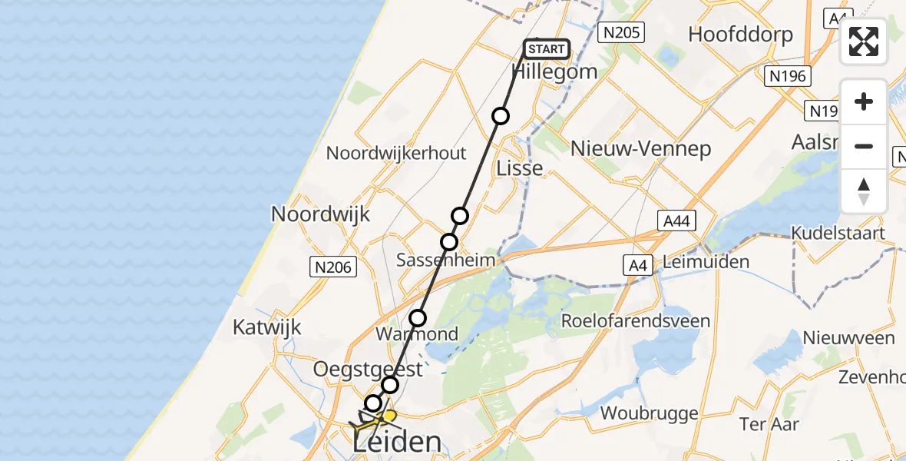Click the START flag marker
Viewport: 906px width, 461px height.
click(546, 50)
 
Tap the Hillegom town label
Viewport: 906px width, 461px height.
click(554, 72)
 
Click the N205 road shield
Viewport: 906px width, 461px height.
click(622, 32)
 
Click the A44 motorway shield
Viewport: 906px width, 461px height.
click(677, 221)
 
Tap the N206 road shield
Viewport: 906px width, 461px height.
click(333, 267)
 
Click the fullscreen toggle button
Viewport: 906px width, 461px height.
click(864, 41)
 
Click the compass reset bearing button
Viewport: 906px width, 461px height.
click(864, 191)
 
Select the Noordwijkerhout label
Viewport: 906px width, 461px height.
click(396, 153)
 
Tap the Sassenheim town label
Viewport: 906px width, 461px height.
click(445, 260)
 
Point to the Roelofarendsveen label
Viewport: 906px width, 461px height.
click(637, 320)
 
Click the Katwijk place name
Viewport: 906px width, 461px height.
click(267, 328)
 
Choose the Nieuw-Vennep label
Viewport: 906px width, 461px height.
click(641, 148)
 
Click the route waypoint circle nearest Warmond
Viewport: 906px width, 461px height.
click(418, 317)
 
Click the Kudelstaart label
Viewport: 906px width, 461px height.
click(840, 234)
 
